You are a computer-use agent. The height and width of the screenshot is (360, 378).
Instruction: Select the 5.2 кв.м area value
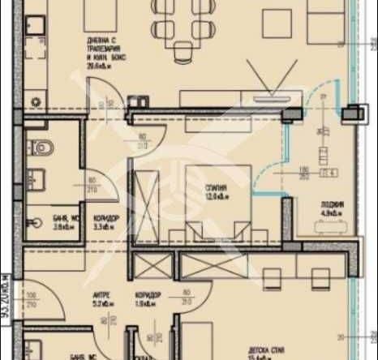click(x=101, y=305)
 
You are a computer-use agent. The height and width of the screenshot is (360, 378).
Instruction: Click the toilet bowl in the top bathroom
click(x=40, y=148)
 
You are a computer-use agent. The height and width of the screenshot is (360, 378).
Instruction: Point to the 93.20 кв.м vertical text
click(x=6, y=293)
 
